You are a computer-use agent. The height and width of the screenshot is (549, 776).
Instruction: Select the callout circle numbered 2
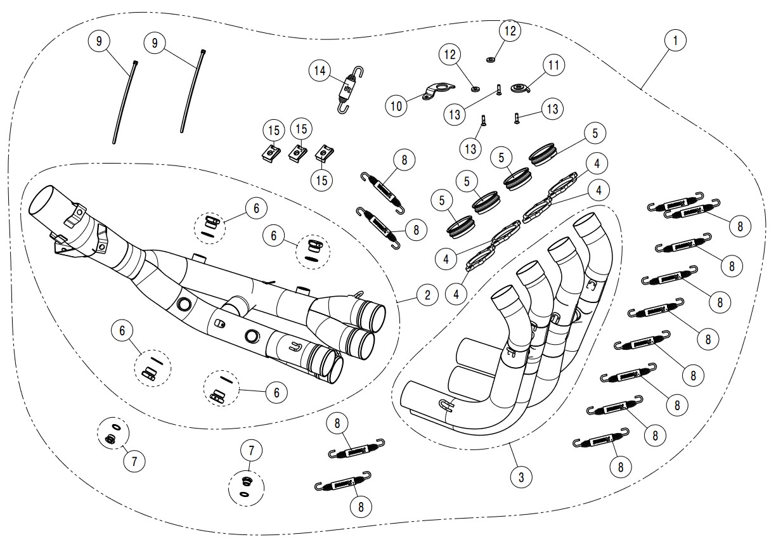coord(427,294)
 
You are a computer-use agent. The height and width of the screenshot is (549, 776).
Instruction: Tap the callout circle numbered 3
coord(521,477)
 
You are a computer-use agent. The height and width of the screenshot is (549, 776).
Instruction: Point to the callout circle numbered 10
coord(396,106)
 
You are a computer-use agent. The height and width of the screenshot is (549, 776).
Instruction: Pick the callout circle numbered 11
coord(553,65)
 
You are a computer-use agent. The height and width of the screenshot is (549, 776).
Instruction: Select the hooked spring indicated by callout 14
coord(346,90)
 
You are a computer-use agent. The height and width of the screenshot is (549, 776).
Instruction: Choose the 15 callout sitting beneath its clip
coord(322,180)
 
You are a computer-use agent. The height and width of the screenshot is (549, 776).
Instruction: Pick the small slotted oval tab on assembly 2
coord(219,324)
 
